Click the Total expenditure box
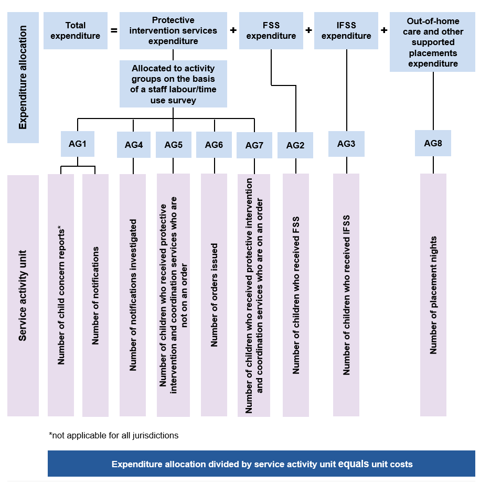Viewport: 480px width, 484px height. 75,31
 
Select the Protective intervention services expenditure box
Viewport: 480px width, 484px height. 173,31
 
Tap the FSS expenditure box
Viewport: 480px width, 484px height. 271,31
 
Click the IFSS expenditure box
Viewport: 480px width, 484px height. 346,31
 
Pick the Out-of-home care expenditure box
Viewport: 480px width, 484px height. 433,42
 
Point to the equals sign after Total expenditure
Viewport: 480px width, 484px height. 114,30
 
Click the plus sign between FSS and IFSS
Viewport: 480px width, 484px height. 308,30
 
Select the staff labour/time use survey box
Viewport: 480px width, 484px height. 173,84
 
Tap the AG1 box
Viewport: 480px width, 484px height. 77,144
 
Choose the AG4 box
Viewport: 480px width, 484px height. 133,145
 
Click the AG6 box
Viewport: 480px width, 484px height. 214,145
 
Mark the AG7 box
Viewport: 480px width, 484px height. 254,145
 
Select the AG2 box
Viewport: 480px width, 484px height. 295,145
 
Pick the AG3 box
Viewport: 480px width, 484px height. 346,144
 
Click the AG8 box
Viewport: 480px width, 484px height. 433,143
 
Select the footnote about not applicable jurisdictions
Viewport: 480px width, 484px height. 113,435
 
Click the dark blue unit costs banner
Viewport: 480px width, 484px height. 261,464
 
